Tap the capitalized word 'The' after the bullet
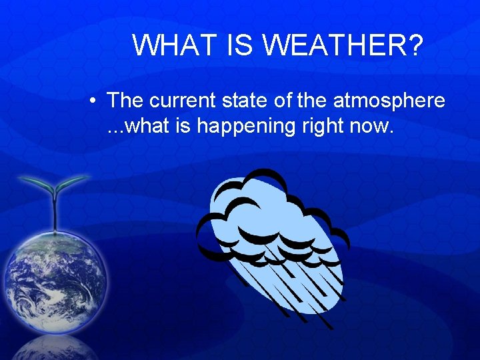pyautogui.click(x=125, y=101)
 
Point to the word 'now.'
pyautogui.click(x=374, y=125)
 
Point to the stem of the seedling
pyautogui.click(x=54, y=212)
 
